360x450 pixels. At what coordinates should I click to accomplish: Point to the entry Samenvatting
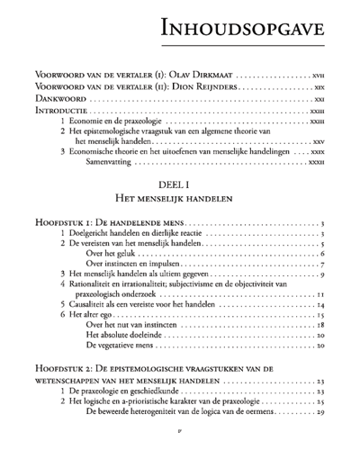click(x=106, y=162)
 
